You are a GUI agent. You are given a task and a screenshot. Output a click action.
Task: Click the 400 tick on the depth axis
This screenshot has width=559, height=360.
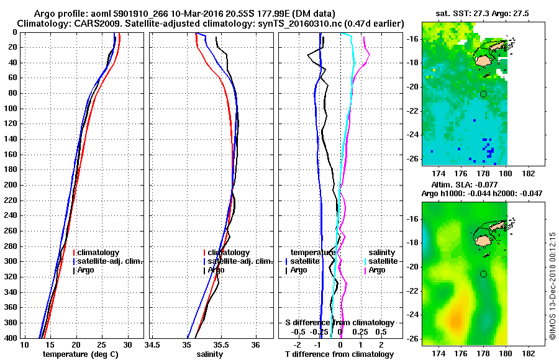(x=11, y=338)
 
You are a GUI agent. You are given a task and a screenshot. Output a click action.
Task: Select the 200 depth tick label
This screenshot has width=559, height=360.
(x=11, y=185)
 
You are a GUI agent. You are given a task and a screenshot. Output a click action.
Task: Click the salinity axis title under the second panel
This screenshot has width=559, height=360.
(x=211, y=354)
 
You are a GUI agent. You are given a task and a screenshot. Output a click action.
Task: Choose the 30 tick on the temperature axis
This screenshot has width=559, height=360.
(x=127, y=344)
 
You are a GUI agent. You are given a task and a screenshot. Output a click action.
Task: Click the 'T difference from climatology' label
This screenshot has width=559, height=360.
(x=339, y=354)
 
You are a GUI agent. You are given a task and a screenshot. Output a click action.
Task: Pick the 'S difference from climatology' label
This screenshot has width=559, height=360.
(x=339, y=323)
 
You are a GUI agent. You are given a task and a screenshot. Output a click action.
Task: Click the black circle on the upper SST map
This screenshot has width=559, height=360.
(x=484, y=94)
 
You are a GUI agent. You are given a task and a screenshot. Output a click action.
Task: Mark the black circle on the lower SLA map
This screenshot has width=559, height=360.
(x=484, y=274)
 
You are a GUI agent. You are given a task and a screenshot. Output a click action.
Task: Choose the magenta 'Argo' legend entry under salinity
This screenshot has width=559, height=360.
(x=377, y=270)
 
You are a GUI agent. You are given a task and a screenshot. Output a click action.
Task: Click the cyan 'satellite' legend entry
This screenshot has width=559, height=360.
(x=383, y=261)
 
